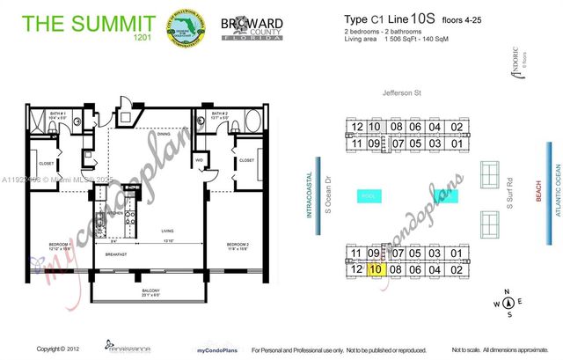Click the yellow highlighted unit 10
pyautogui.click(x=376, y=270)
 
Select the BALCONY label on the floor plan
pyautogui.click(x=151, y=290)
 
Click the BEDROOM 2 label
pyautogui.click(x=238, y=244)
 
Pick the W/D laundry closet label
pyautogui.click(x=200, y=160)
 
